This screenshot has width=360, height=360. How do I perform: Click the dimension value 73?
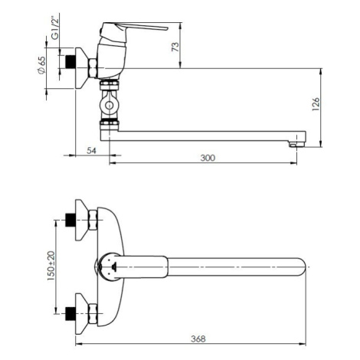click(x=176, y=47)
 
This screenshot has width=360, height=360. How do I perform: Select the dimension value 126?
click(x=316, y=104)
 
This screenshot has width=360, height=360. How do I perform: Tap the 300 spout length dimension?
click(x=208, y=158)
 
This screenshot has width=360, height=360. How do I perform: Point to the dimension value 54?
click(x=91, y=151)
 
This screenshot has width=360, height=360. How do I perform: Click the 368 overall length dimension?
click(x=198, y=339)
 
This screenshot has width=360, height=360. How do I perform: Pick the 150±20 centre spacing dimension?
click(x=51, y=267)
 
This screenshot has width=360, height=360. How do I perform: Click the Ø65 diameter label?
click(x=41, y=65)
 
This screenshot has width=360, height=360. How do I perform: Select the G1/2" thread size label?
click(x=54, y=28)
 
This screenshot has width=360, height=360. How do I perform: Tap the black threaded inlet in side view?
click(x=70, y=62)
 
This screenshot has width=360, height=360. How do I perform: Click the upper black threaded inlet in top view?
click(x=70, y=220)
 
